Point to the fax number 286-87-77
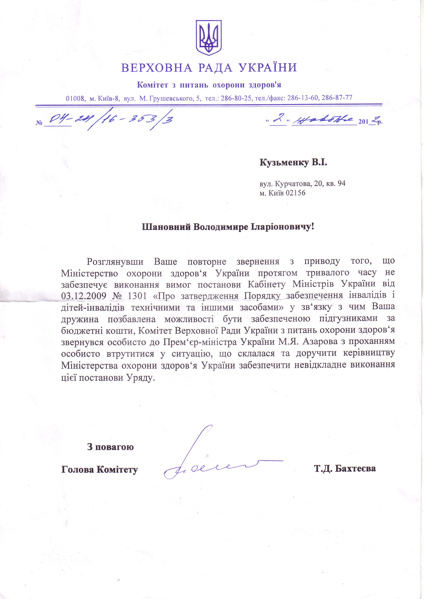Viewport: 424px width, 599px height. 337,98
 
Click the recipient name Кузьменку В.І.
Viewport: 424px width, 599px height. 293,163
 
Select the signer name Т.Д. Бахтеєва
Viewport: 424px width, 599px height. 345,469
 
